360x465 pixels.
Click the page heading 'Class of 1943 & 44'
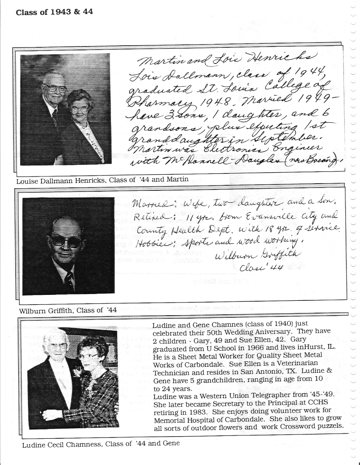54,12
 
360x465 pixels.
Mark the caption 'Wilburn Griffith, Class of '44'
68,310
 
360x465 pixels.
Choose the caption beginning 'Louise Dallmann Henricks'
102,179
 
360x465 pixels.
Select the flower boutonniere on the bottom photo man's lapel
77,372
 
